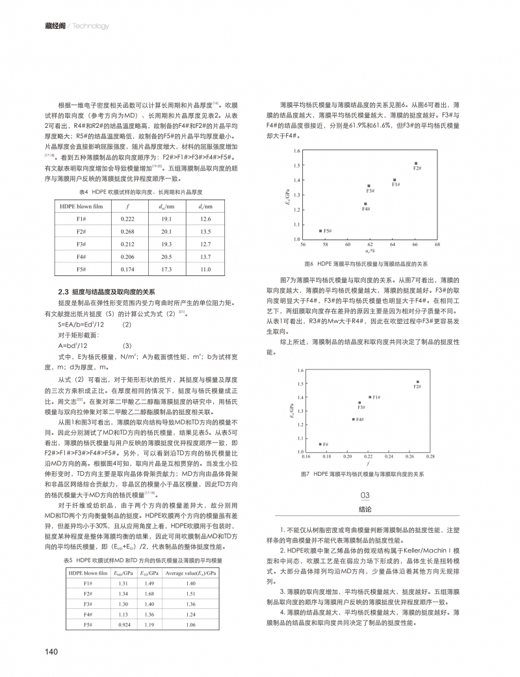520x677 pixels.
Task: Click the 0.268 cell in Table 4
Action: coord(127,232)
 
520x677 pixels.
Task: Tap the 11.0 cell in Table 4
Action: coord(206,269)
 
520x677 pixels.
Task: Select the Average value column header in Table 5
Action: coord(191,574)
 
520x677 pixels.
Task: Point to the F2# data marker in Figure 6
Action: coord(415,163)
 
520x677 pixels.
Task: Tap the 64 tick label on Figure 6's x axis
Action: coord(393,245)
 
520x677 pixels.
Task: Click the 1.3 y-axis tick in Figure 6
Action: coord(296,195)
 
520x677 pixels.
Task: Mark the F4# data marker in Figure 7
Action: coord(353,419)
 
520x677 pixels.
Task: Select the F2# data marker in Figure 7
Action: coord(417,382)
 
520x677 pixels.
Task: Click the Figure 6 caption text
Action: coord(365,264)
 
